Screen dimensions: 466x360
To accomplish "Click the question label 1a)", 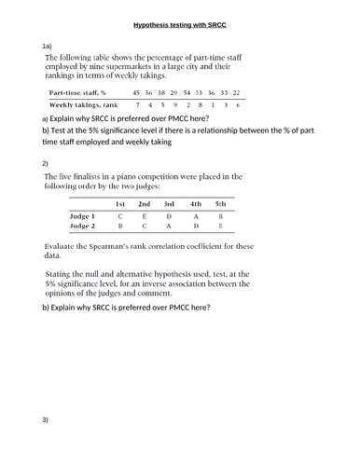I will click(48, 45).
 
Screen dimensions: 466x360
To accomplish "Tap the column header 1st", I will click(120, 202).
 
